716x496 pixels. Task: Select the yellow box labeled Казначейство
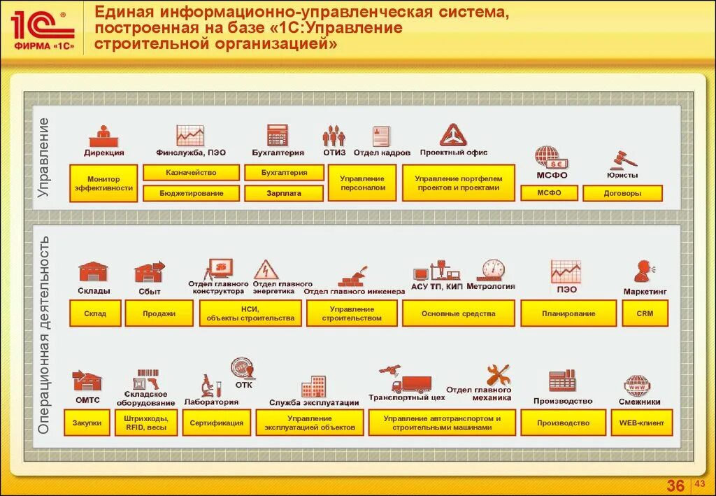(x=191, y=172)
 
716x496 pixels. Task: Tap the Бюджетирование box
(x=191, y=193)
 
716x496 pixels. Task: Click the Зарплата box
(x=284, y=193)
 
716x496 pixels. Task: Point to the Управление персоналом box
(x=362, y=183)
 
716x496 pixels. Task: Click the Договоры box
(x=622, y=193)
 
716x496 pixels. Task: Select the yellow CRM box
(x=645, y=313)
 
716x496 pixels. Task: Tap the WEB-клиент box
(x=641, y=423)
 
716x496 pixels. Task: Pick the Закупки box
(x=87, y=423)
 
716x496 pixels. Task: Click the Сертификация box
(x=216, y=423)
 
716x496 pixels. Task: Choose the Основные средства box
(x=458, y=313)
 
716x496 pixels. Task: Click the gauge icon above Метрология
(x=492, y=270)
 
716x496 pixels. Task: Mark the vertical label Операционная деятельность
(x=44, y=334)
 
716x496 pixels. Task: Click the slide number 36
(x=675, y=486)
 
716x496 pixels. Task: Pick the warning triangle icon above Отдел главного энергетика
(x=266, y=269)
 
